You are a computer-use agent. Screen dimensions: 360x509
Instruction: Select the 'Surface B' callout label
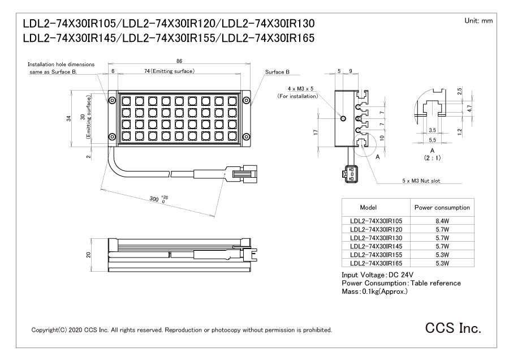[x=278, y=72]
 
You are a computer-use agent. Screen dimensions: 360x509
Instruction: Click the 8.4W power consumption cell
[x=443, y=221]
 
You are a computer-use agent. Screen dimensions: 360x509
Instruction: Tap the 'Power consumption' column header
[x=442, y=208]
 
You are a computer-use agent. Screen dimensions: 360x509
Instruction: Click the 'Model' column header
[x=369, y=208]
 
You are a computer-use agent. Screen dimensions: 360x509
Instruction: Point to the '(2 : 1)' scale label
[x=432, y=158]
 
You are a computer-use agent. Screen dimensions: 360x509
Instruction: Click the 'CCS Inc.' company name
[x=454, y=328]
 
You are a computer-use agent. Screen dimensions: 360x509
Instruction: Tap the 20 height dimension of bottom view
[x=88, y=254]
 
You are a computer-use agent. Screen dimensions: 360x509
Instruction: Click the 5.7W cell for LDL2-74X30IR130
[x=443, y=238]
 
